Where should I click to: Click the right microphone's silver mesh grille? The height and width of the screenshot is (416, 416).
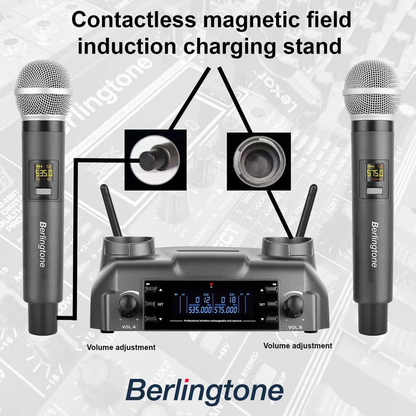(x=372, y=89)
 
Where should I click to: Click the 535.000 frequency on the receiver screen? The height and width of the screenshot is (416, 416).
(x=200, y=310)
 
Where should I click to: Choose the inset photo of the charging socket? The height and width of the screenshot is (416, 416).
(x=259, y=161)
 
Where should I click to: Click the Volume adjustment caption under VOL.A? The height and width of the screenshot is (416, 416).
(x=121, y=347)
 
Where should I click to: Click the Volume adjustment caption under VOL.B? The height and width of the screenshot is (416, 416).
(x=298, y=345)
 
